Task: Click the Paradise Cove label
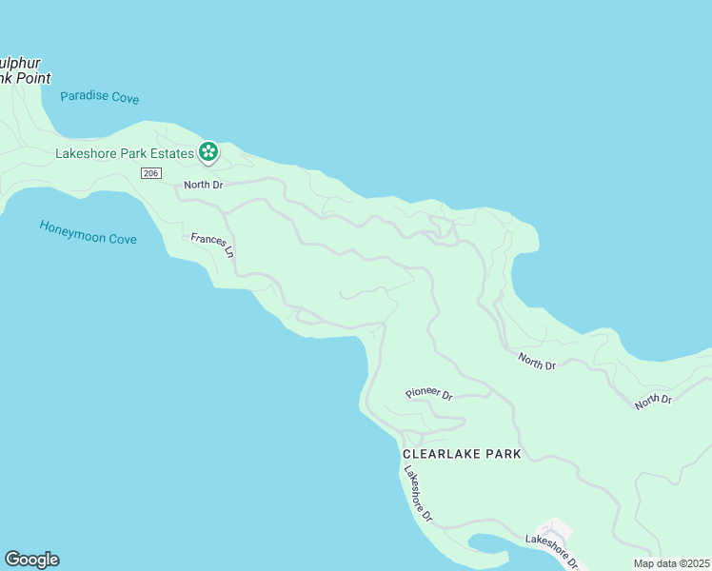(x=100, y=97)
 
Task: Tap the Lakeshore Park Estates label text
(x=124, y=151)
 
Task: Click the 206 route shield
(x=149, y=172)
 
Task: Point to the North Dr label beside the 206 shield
(x=203, y=185)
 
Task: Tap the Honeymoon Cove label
(x=88, y=231)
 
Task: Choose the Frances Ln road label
(x=212, y=246)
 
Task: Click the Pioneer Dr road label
(x=428, y=393)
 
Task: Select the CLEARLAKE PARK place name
(x=462, y=454)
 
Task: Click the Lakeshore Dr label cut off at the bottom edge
(x=552, y=549)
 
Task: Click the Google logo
(x=31, y=560)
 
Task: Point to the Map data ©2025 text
(x=670, y=563)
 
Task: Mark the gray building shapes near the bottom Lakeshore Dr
(x=556, y=528)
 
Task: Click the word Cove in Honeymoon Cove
(x=121, y=237)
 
